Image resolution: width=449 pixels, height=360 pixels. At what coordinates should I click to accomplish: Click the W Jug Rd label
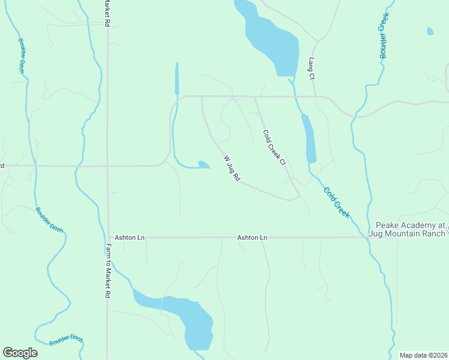[x=232, y=169]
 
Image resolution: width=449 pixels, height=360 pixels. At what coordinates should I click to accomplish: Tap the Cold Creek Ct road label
[x=273, y=148]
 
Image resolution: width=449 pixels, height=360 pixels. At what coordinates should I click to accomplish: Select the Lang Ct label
[x=311, y=68]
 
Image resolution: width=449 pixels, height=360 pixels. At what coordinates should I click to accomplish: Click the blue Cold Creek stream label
[x=336, y=202]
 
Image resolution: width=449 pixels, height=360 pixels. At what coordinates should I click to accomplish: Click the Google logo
[x=20, y=352]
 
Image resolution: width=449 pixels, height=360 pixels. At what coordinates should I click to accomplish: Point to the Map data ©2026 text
[x=423, y=355]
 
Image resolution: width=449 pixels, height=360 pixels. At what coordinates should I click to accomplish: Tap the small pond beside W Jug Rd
[x=203, y=164]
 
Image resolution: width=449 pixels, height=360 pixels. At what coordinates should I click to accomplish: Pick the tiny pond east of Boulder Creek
[x=430, y=31]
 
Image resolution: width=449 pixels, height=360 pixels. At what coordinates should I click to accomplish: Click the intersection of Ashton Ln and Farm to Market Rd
[x=107, y=238]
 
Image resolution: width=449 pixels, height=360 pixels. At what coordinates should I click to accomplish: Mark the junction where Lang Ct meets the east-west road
[x=316, y=96]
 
